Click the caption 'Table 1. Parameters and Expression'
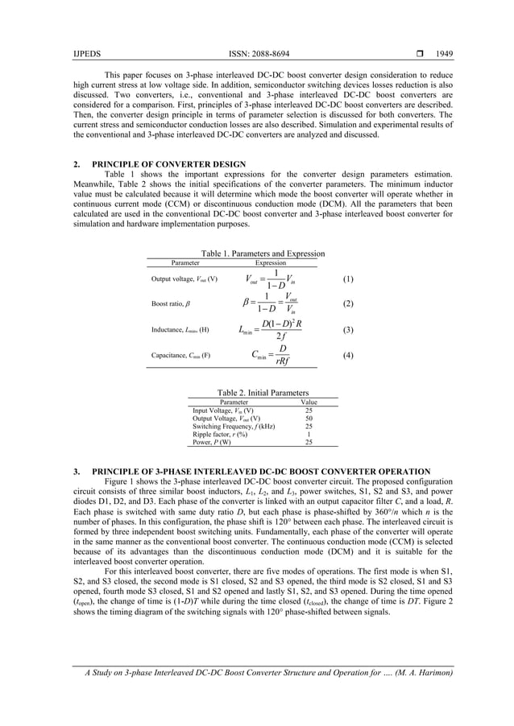tap(263, 254)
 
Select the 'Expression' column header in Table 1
tap(271, 262)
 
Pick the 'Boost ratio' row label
tap(171, 304)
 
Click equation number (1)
tap(348, 279)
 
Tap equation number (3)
tap(348, 329)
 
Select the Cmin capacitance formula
tap(270, 355)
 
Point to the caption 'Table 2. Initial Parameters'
tap(263, 393)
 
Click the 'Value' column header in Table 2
tap(308, 402)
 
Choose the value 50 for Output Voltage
tap(309, 419)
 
